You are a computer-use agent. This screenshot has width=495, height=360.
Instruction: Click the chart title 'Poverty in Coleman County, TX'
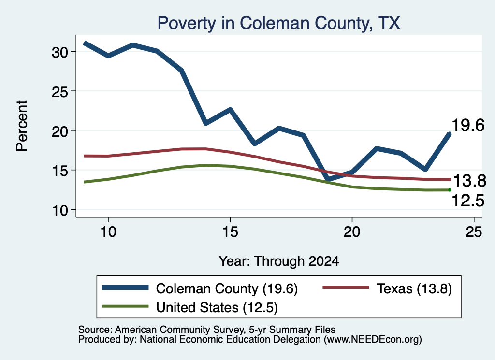point(279,23)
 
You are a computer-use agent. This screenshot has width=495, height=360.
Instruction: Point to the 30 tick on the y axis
point(60,52)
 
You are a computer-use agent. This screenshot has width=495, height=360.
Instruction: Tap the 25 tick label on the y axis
point(60,92)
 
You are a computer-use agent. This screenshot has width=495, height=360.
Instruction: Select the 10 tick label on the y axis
point(60,211)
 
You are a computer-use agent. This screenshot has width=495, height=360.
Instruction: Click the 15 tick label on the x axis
point(230,232)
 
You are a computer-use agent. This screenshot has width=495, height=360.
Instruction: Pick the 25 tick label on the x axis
point(474,232)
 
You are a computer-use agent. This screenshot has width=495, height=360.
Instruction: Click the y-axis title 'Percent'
point(22,126)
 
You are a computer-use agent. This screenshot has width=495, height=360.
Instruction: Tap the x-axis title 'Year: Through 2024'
point(279,261)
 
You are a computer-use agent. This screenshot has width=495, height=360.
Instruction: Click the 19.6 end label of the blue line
point(468,125)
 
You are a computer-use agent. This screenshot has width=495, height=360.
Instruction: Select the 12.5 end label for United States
point(468,201)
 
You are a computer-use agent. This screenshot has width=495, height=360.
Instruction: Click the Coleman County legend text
point(227,288)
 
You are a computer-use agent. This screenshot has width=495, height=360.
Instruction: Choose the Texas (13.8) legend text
point(414,288)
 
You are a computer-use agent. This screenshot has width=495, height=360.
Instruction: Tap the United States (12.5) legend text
point(217,308)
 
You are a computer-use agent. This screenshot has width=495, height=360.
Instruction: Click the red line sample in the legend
point(346,288)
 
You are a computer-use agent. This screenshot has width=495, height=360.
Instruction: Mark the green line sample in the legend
point(125,306)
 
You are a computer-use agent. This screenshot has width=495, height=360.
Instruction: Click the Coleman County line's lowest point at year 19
point(328,179)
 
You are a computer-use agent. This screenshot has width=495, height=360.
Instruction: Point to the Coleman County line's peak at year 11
point(133,45)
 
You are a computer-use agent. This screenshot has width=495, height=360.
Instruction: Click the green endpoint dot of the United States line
point(450,190)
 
